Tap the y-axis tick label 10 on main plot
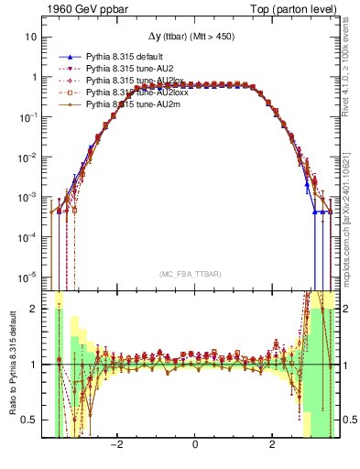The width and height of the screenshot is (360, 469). pos(32,38)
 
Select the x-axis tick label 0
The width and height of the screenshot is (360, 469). pos(195,444)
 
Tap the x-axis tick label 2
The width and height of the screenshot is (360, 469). pos(272,444)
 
